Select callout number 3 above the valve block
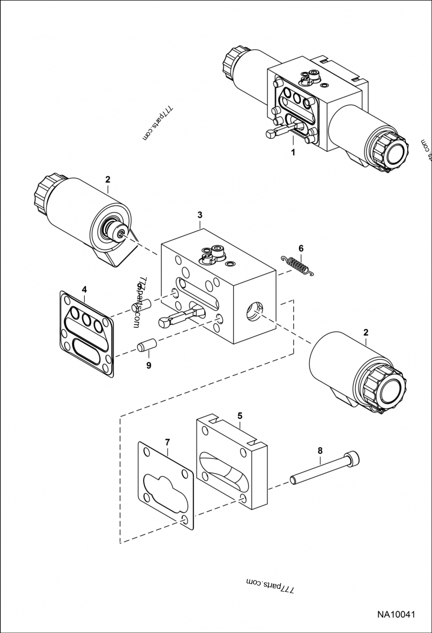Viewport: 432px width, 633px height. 200,214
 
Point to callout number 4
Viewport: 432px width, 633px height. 84,290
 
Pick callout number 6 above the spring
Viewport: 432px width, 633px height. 301,248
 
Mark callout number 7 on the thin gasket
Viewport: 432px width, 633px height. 167,442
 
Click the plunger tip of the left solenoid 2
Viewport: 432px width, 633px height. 122,233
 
